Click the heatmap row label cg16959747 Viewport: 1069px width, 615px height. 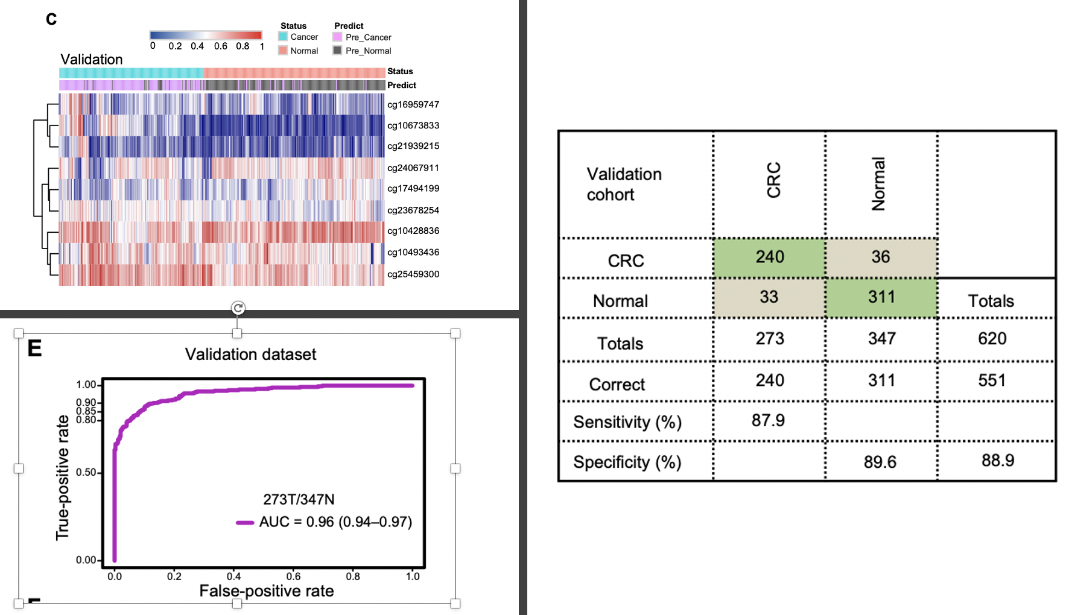[x=413, y=104]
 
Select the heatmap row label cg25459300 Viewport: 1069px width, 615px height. [x=413, y=274]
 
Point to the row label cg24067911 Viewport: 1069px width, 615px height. [x=413, y=168]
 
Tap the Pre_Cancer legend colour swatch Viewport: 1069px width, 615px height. [x=337, y=37]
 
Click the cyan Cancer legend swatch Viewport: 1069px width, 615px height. [x=283, y=37]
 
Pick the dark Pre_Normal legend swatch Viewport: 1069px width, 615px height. [x=337, y=51]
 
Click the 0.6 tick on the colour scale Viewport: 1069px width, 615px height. [x=221, y=46]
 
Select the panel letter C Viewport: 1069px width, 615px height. [x=51, y=19]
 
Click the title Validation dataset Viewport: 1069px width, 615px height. [x=250, y=354]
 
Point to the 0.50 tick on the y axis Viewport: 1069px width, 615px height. [x=86, y=472]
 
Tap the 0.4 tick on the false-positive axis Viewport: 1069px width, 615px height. [x=233, y=576]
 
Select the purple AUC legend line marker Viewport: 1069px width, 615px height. [x=244, y=523]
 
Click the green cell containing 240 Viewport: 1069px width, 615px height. [x=769, y=257]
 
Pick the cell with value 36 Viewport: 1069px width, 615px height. [x=880, y=257]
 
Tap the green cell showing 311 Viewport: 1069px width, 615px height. [x=881, y=297]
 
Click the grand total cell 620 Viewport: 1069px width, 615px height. [x=992, y=338]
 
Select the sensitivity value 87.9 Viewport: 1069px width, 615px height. [x=768, y=420]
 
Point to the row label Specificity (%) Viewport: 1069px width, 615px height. [x=627, y=462]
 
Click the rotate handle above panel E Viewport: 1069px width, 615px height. [x=238, y=308]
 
